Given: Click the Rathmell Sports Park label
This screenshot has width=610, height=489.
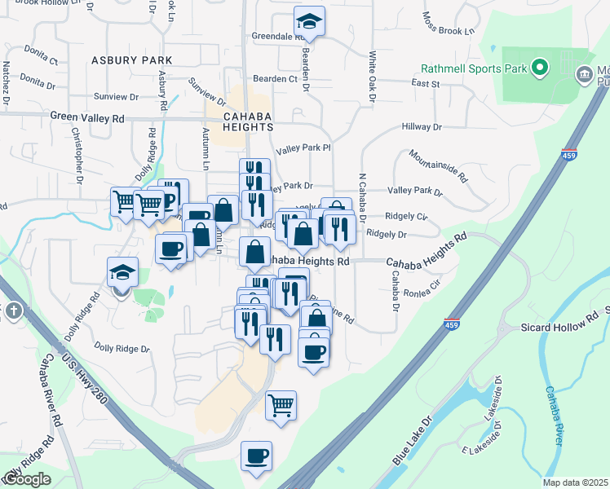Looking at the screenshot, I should [x=474, y=68].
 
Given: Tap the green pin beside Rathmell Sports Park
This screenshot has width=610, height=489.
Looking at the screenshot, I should [x=538, y=68].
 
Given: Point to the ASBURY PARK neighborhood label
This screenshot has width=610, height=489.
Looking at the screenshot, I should [x=131, y=60].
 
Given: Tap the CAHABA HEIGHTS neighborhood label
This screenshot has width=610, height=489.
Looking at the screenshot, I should [x=248, y=127].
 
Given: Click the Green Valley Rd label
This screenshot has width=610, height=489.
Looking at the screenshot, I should [x=87, y=117].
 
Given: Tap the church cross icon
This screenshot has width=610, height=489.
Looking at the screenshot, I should [x=14, y=311].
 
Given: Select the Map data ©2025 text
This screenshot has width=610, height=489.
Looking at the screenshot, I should [x=575, y=482].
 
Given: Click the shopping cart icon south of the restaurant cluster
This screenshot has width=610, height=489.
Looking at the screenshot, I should [x=281, y=404].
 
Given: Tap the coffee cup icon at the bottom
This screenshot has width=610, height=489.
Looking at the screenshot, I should [x=256, y=455].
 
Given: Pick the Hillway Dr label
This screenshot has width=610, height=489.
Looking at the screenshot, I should [x=421, y=127].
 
